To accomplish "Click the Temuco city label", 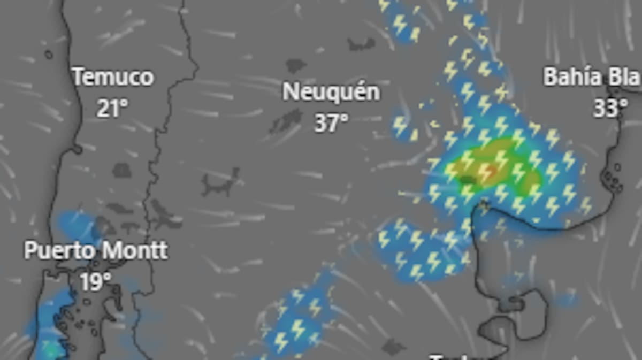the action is click(113, 78).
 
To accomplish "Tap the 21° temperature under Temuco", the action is click(112, 108).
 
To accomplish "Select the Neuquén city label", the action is click(331, 92).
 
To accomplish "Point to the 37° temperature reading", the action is click(331, 123).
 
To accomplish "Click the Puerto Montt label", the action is click(96, 250).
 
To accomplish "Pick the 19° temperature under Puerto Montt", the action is click(96, 281).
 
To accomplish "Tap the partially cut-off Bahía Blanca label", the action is click(592, 78).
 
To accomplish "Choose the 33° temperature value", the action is click(610, 108).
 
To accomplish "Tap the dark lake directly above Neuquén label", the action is click(296, 66).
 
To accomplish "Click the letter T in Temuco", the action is click(78, 78).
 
